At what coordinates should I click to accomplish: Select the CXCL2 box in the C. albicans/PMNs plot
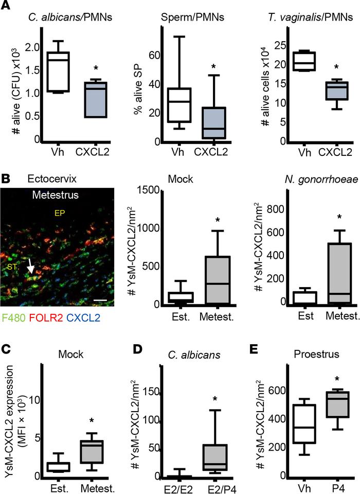tap(96, 98)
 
